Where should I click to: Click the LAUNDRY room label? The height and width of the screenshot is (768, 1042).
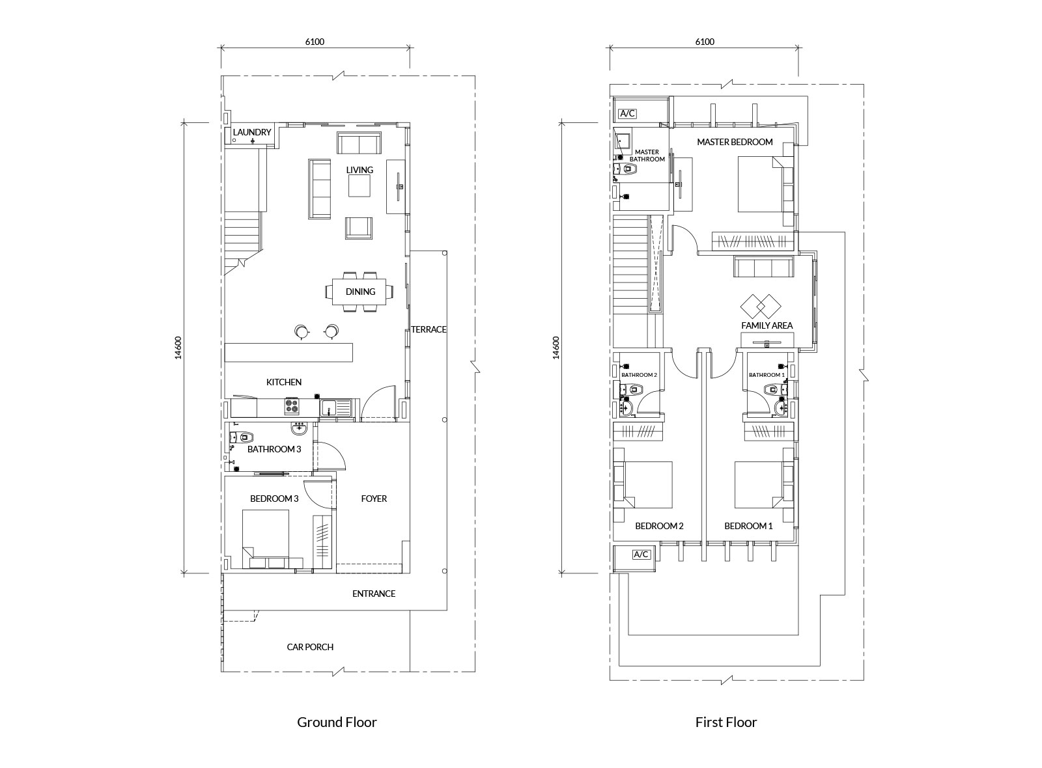251,132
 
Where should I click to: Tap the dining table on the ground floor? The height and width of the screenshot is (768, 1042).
359,292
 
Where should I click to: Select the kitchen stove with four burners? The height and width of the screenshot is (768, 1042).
292,407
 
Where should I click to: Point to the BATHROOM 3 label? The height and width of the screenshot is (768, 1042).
274,449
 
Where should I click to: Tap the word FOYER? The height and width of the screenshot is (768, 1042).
374,499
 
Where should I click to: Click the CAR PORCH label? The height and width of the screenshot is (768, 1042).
310,647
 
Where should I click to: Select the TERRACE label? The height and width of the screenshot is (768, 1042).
429,329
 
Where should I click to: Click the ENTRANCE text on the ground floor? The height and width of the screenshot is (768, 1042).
374,594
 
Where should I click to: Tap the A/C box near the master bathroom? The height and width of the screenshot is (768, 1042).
628,113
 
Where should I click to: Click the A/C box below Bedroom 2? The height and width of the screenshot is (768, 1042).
641,554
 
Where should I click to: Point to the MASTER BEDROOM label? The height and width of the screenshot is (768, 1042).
735,142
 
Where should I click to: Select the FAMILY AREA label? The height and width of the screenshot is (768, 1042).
767,325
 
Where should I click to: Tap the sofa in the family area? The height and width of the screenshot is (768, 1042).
763,267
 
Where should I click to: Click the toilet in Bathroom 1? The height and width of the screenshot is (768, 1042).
772,389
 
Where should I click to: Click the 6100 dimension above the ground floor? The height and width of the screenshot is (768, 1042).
315,42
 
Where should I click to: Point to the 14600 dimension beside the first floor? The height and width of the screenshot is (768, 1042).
556,348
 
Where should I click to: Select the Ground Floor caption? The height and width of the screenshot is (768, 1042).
337,722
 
